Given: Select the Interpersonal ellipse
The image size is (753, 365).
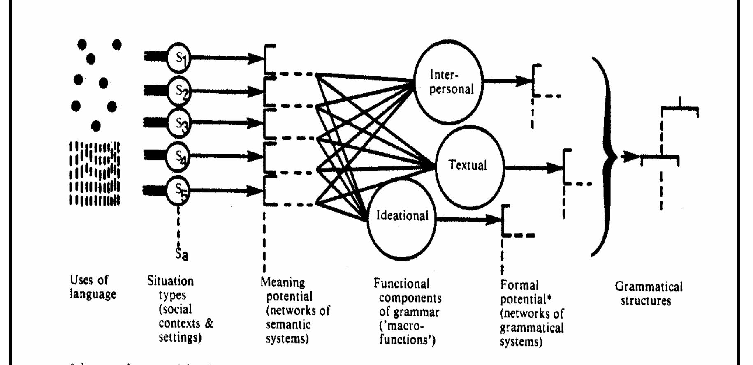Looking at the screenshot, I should [449, 82].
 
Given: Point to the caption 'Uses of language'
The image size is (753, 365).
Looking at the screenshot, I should [92, 287].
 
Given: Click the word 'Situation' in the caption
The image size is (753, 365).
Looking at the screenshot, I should [170, 281].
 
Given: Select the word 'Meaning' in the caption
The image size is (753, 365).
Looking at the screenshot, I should [283, 282].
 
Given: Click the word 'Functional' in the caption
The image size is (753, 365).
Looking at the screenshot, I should [401, 284].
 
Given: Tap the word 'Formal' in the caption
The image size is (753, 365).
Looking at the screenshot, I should [519, 285].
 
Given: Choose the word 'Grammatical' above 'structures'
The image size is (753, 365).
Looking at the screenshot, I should [649, 286].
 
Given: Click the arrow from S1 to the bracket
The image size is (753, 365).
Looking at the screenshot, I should [226, 58].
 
